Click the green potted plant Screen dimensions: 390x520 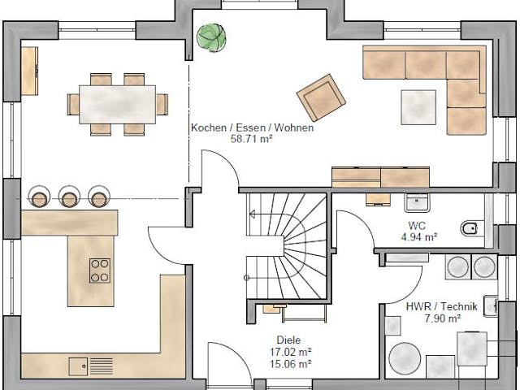click(x=209, y=36)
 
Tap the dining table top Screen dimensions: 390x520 click(x=118, y=104)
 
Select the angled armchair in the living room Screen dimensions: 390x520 click(x=321, y=97)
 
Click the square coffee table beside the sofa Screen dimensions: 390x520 click(x=418, y=106)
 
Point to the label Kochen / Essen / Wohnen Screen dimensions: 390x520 click(x=252, y=128)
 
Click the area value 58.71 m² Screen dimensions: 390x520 click(x=252, y=139)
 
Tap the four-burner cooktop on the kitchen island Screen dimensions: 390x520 click(x=101, y=270)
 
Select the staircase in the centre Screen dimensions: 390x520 click(x=284, y=248)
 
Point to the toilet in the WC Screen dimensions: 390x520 click(x=472, y=228)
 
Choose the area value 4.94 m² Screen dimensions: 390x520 click(x=420, y=237)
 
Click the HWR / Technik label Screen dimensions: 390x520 click(x=431, y=306)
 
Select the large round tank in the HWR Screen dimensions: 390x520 click(x=404, y=359)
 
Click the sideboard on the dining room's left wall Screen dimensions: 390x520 click(x=29, y=70)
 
